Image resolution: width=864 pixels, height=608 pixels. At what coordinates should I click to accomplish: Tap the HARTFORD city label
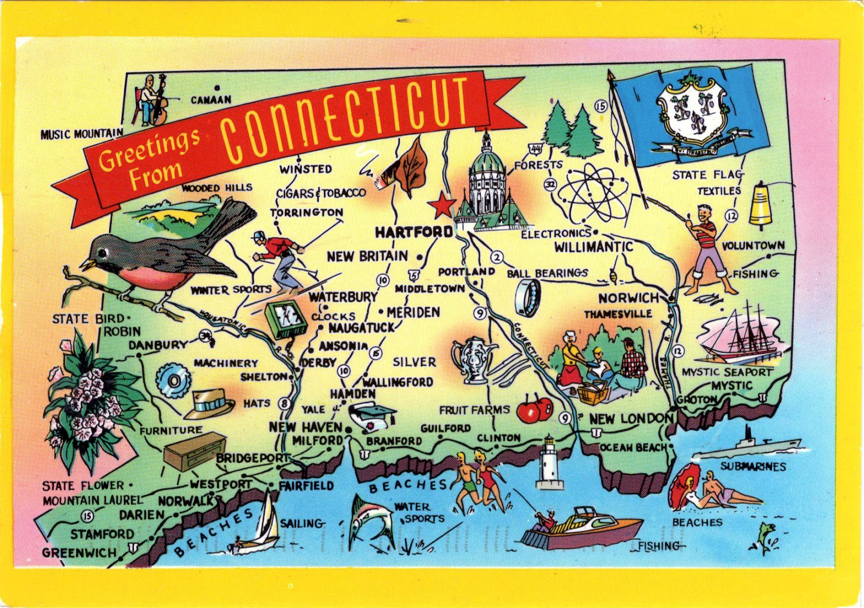click(414, 232)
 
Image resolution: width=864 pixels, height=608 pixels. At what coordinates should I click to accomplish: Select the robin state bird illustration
click(162, 254)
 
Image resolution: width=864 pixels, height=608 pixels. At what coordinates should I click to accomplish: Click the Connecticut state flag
click(694, 115)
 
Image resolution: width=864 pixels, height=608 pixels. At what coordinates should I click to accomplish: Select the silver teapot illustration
click(473, 359)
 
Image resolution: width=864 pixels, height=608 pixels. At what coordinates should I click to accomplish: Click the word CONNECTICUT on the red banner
click(346, 119)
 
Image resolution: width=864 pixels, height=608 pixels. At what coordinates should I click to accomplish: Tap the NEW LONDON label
click(631, 418)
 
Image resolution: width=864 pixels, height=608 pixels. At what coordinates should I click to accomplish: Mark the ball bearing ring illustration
click(528, 299)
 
